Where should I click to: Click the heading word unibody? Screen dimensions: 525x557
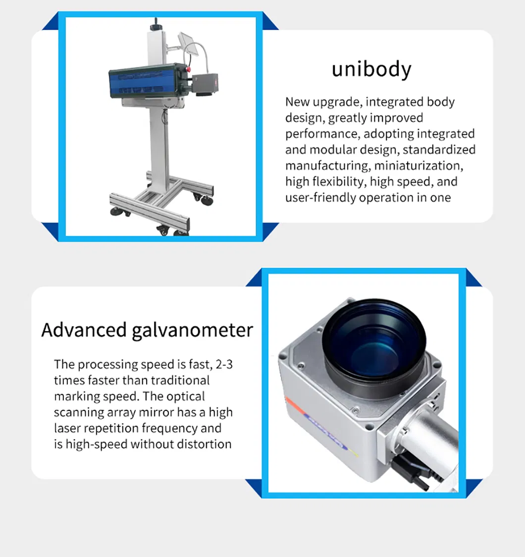(371, 69)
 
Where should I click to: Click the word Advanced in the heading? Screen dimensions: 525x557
(84, 330)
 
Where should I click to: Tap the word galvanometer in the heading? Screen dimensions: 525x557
(192, 331)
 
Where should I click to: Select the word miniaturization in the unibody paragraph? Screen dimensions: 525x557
(418, 166)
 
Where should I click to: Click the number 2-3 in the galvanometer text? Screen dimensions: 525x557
(224, 364)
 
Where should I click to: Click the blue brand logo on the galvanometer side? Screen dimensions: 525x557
(326, 432)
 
